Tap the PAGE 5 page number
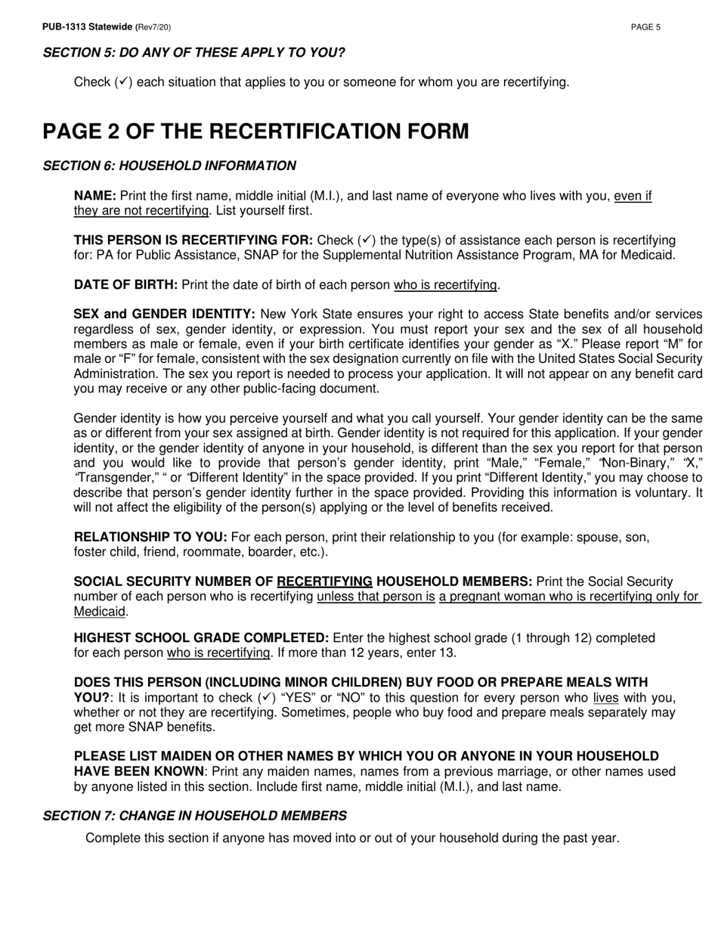click(645, 27)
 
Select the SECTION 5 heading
click(193, 53)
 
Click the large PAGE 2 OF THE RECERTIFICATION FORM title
click(255, 132)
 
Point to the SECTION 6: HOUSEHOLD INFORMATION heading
click(169, 166)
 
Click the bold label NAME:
click(95, 196)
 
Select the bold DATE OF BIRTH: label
click(125, 285)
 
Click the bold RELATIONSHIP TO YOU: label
click(150, 537)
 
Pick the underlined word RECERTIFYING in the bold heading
click(324, 581)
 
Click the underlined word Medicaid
click(100, 611)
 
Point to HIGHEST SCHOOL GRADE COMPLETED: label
click(201, 637)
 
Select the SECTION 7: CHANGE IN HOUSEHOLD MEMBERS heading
click(195, 816)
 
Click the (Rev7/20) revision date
click(153, 27)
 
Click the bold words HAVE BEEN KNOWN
click(138, 771)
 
